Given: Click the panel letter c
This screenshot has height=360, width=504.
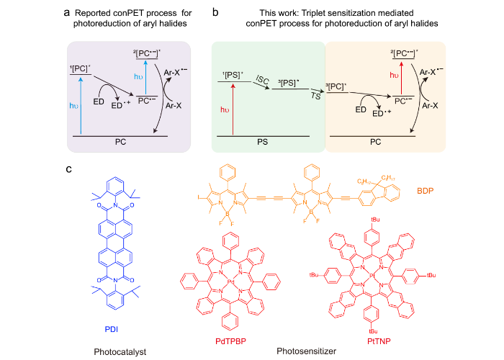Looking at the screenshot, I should (x=68, y=170).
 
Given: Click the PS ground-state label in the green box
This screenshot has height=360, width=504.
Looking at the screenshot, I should (x=268, y=144).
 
